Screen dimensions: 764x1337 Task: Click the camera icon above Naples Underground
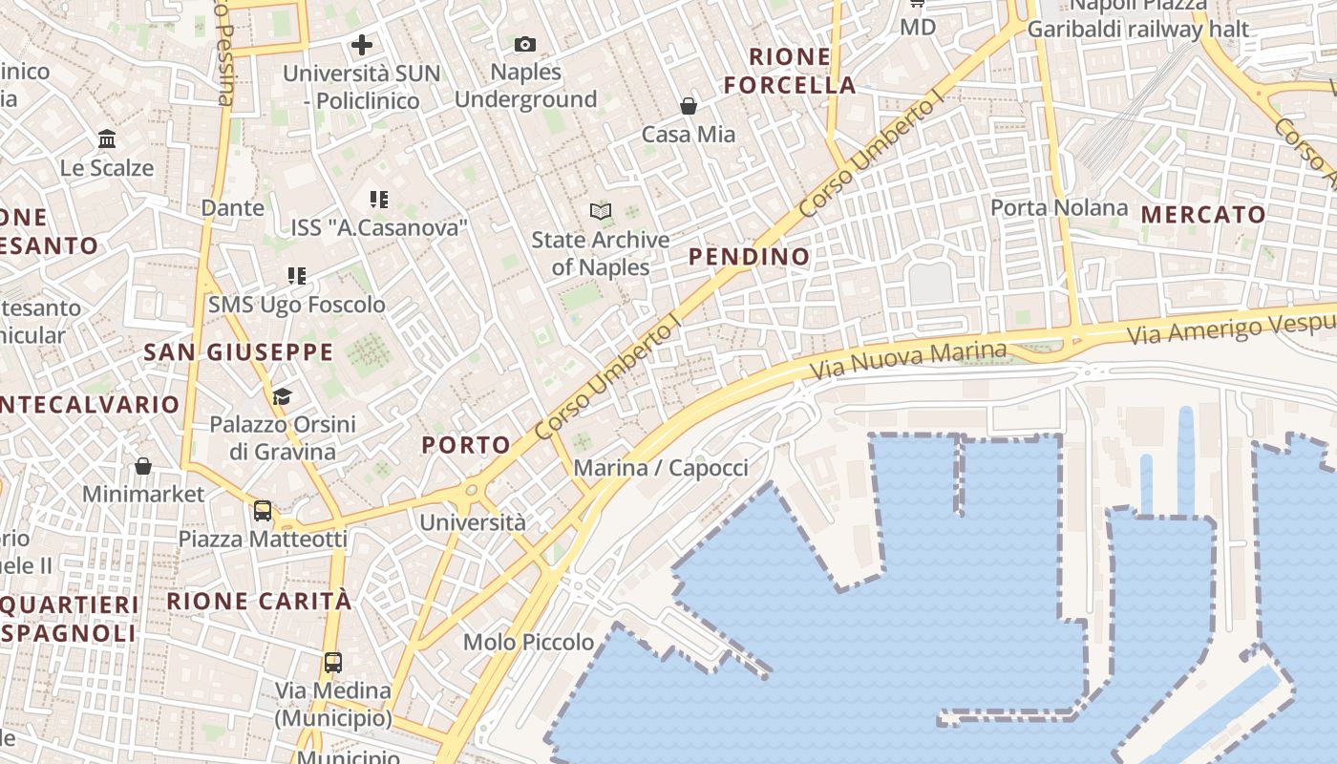tap(524, 44)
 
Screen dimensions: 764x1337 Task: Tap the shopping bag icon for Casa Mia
tap(689, 105)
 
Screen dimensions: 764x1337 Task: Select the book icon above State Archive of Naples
tap(600, 211)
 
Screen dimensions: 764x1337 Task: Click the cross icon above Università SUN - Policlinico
tap(362, 44)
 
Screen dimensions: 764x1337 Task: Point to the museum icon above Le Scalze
tap(107, 139)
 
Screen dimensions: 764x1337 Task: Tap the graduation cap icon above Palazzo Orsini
tap(282, 395)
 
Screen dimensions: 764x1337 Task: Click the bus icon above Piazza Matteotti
tap(263, 510)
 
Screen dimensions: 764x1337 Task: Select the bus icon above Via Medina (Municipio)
tap(333, 662)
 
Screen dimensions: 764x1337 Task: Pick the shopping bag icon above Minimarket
tap(143, 466)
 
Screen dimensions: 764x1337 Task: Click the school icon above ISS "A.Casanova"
tap(379, 199)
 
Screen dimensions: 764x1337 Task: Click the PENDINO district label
tap(749, 256)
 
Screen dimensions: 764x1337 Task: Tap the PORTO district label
tap(466, 444)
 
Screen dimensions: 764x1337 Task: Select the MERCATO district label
tap(1203, 215)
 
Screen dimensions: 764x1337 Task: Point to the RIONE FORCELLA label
tap(789, 71)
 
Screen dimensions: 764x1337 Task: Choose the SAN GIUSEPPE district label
tap(239, 352)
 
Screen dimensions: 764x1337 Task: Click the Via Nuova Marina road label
tap(907, 361)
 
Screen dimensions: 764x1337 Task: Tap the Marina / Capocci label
tap(660, 468)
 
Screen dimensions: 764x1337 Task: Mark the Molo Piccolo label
tap(528, 642)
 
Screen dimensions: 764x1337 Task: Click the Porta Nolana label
tap(1058, 207)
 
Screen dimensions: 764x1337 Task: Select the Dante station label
tap(232, 207)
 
